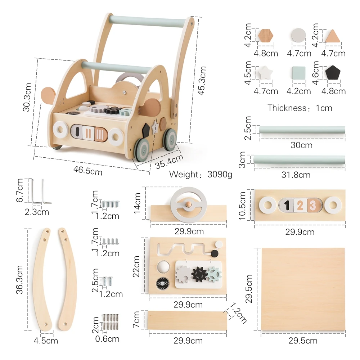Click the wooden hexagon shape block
(266, 36)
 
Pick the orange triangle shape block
(333, 37)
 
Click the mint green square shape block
(298, 73)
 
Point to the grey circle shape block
(298, 36)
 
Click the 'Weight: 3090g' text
(201, 175)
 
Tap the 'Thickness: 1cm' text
(300, 108)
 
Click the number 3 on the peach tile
(312, 206)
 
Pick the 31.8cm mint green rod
(299, 159)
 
